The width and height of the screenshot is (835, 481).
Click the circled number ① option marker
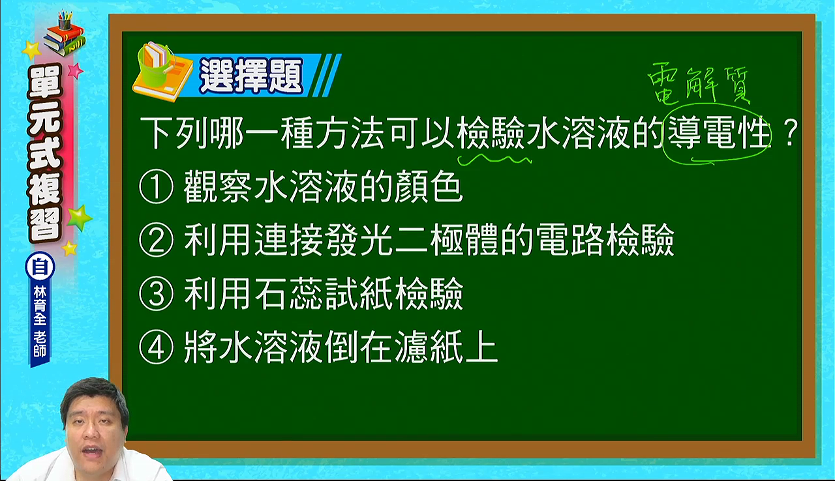tap(156, 186)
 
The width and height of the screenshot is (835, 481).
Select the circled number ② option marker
tap(156, 240)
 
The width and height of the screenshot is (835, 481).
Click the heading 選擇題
tap(251, 76)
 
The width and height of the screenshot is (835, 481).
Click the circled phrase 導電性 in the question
tap(718, 133)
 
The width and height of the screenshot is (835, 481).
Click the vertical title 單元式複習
tap(45, 152)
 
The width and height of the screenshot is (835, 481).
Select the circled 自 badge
tap(40, 267)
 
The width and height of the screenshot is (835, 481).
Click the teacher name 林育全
tap(40, 305)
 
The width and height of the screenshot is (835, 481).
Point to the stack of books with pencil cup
tap(64, 33)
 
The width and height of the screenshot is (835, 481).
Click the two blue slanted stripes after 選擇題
tap(327, 75)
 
